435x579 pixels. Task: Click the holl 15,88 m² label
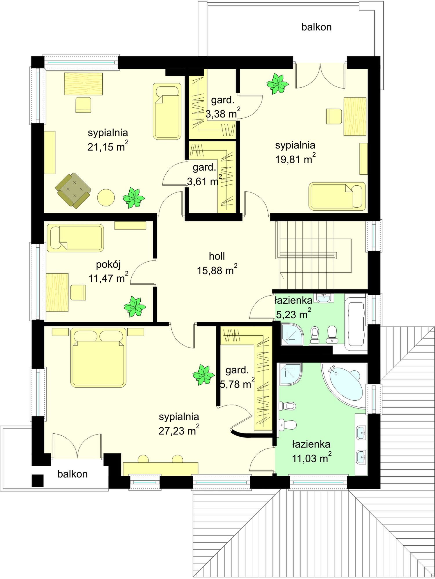(x=217, y=263)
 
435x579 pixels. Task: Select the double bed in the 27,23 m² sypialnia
(x=99, y=357)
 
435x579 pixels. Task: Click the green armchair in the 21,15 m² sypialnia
(x=73, y=191)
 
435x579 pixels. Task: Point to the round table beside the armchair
(x=106, y=198)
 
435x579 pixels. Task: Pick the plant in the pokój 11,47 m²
(x=135, y=307)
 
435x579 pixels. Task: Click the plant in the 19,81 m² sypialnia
(x=278, y=84)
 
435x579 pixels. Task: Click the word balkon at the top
(x=316, y=27)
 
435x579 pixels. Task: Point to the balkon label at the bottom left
(x=72, y=474)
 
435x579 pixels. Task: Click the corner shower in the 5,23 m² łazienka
(x=292, y=334)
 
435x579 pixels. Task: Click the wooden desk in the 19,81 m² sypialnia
(x=355, y=117)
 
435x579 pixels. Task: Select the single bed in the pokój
(x=75, y=238)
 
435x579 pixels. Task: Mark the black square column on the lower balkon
(x=37, y=481)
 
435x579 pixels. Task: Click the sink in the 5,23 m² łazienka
(x=325, y=298)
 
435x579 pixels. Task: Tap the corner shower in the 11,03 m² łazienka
(x=291, y=374)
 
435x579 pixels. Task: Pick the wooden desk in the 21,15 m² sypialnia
(x=84, y=84)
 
